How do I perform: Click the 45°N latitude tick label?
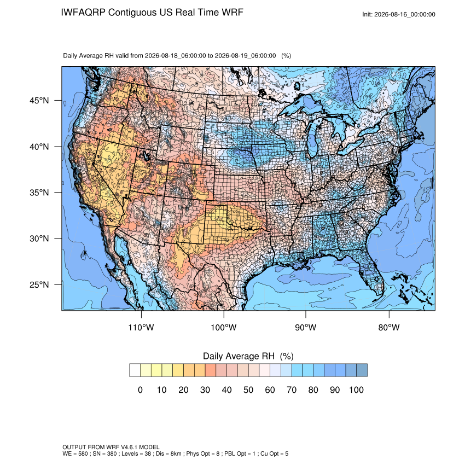39,101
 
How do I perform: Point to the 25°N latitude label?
39,284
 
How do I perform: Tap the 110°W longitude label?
141,327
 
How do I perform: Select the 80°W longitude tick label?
389,327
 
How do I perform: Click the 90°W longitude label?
305,327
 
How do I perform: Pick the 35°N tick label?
39,193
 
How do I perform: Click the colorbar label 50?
248,390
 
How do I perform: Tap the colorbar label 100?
356,390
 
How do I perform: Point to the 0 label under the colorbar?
140,390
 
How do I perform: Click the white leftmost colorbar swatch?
135,370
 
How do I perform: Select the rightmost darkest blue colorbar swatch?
362,370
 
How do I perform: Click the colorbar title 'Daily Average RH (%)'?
248,356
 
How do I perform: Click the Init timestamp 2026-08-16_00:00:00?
405,14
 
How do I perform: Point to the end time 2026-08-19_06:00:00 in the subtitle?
245,56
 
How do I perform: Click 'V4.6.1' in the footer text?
129,447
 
